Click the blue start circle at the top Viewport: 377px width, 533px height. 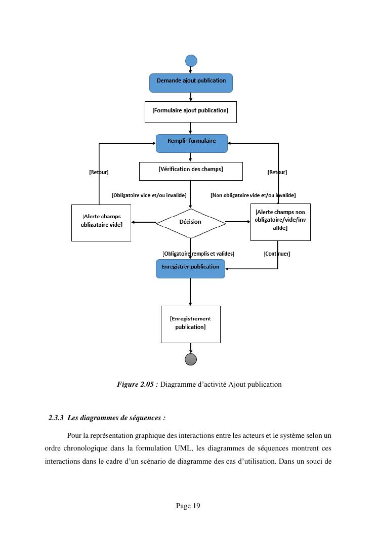(191, 61)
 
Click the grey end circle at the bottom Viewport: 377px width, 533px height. (191, 359)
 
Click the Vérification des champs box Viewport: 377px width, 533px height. (191, 171)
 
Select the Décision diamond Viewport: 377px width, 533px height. (190, 222)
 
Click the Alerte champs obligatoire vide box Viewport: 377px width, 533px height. (101, 223)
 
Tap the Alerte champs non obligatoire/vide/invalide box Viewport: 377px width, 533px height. (280, 222)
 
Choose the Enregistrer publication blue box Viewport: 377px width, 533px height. (190, 268)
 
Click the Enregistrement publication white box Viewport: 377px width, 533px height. (191, 324)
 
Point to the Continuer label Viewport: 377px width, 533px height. (277, 254)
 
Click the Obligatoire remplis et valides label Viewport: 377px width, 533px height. (198, 254)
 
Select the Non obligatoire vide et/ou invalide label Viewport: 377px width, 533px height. (253, 195)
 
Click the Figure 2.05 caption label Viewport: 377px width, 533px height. (138, 384)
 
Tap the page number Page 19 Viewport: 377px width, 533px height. (188, 506)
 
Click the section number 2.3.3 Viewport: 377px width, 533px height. (56, 418)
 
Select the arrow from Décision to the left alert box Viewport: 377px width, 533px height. (144, 222)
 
